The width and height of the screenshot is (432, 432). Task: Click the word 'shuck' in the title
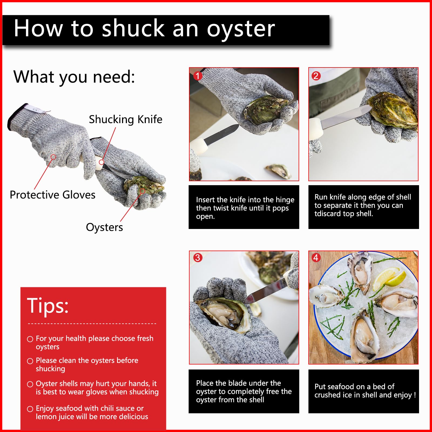click(134, 28)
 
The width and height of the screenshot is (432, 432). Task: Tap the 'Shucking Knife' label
click(126, 119)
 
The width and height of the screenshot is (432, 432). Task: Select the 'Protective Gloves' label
click(53, 195)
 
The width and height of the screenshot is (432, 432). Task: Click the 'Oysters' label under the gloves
click(104, 227)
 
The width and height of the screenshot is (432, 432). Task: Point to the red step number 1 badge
click(198, 76)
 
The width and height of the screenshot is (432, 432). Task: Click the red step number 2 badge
click(316, 76)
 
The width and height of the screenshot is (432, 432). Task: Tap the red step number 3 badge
click(198, 258)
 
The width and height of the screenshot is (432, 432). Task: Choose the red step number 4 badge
click(316, 258)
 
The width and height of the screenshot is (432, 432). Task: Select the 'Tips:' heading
click(48, 306)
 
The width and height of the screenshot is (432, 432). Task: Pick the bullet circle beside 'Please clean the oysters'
click(30, 361)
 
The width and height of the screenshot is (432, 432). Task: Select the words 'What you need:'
click(74, 77)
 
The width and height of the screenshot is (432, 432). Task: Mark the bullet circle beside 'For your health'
click(30, 339)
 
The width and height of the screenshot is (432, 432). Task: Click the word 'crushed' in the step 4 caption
click(327, 395)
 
